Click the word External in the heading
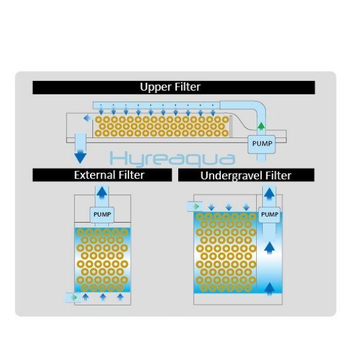95,175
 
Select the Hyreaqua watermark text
173,158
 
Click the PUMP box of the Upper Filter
262,143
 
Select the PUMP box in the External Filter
101,214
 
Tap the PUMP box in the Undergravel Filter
270,214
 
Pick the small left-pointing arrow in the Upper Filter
88,119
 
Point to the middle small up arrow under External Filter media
103,297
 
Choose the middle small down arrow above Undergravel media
229,207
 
